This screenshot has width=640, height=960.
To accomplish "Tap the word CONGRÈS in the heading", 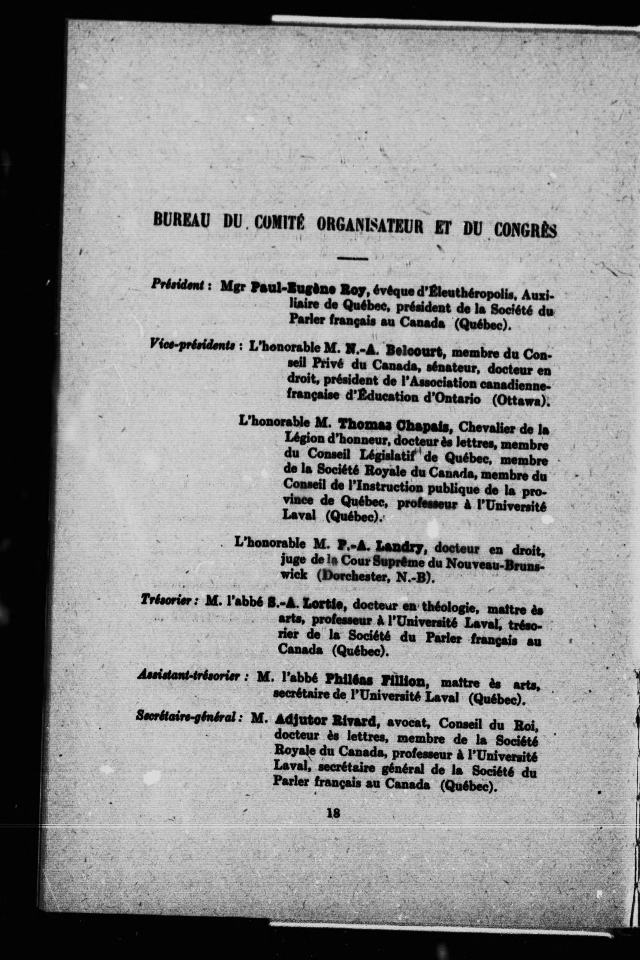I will (525, 230).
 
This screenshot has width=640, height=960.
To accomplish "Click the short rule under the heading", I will (353, 258).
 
